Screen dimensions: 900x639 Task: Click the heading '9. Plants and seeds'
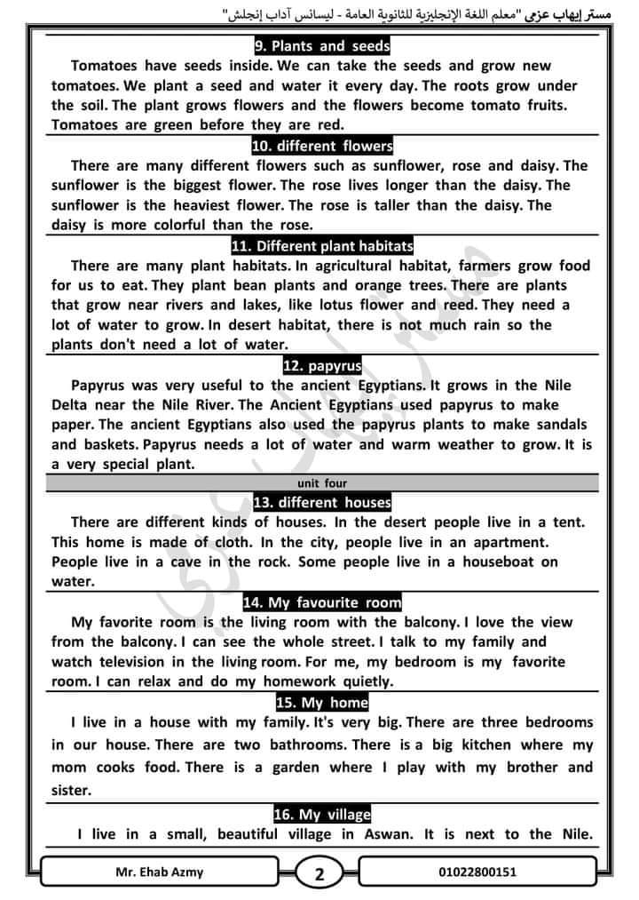pyautogui.click(x=321, y=46)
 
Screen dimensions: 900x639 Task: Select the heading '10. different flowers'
pyautogui.click(x=321, y=146)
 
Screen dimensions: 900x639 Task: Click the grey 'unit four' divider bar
pyautogui.click(x=321, y=484)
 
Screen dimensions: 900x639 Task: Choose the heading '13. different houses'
pyautogui.click(x=321, y=503)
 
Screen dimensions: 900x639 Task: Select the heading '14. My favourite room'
pyautogui.click(x=321, y=603)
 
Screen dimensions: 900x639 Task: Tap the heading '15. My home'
pyautogui.click(x=321, y=704)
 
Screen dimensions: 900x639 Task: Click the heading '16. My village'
pyautogui.click(x=321, y=815)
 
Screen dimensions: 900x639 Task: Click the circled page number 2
pyautogui.click(x=319, y=874)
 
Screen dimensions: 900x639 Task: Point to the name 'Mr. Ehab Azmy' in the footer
pyautogui.click(x=160, y=872)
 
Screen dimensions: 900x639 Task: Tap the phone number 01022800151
pyautogui.click(x=477, y=872)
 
